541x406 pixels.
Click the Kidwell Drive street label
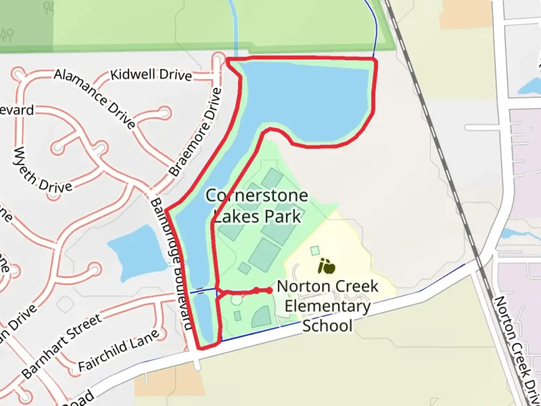[151, 74]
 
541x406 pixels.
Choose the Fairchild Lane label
[118, 350]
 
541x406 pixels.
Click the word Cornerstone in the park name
[257, 195]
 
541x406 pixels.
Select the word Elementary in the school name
[327, 306]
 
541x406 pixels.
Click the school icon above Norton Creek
[326, 266]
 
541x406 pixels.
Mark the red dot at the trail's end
[269, 290]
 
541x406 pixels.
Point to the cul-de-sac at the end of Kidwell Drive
[218, 60]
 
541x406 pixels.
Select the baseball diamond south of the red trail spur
[262, 317]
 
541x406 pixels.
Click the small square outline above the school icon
[315, 250]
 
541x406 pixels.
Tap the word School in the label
[327, 326]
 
